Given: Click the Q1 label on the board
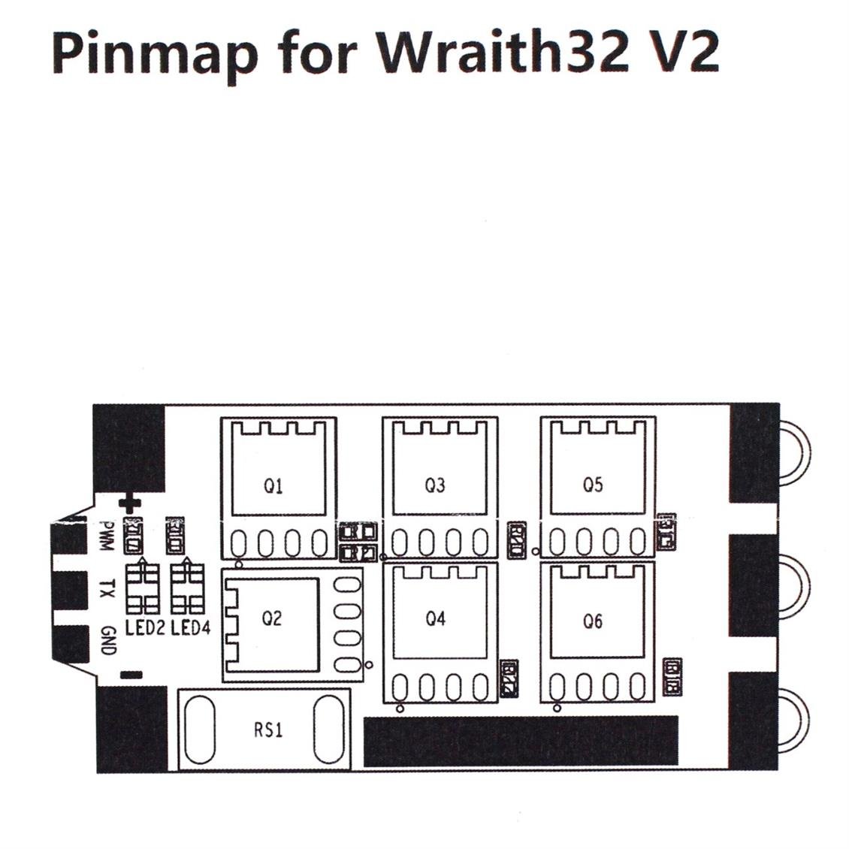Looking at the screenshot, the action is point(273,486).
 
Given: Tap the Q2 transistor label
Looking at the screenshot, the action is point(271,618).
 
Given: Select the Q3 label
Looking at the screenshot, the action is point(435,485).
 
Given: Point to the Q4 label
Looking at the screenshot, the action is point(435,619).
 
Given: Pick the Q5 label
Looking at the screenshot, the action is point(593,485).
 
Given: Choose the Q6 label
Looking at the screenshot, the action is point(593,621).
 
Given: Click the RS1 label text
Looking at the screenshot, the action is point(268,730).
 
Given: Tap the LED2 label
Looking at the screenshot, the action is point(145,627).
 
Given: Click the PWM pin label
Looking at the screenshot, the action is point(107,536).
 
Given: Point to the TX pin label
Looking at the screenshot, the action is point(107,588).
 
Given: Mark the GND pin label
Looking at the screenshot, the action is point(107,640).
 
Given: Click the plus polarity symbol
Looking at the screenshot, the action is point(130,504).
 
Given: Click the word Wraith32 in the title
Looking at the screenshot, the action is point(501,53).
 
